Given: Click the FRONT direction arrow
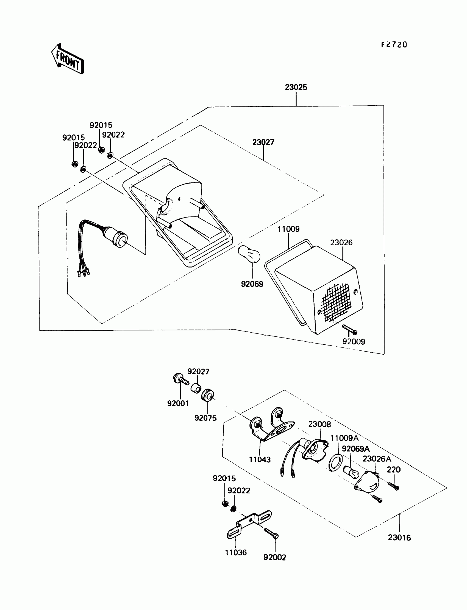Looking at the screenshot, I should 67,59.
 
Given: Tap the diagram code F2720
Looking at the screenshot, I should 394,45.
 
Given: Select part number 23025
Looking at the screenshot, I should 296,87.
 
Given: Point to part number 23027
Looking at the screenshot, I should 263,142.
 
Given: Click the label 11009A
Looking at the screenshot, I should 344,438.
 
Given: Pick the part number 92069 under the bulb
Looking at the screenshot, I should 252,284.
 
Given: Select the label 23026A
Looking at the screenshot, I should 377,459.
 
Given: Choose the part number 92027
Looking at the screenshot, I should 198,372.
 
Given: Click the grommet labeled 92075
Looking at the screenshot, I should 207,395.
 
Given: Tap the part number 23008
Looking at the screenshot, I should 319,424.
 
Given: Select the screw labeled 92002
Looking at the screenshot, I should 271,534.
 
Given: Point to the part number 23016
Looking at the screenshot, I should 399,538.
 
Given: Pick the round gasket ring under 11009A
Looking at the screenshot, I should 335,463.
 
